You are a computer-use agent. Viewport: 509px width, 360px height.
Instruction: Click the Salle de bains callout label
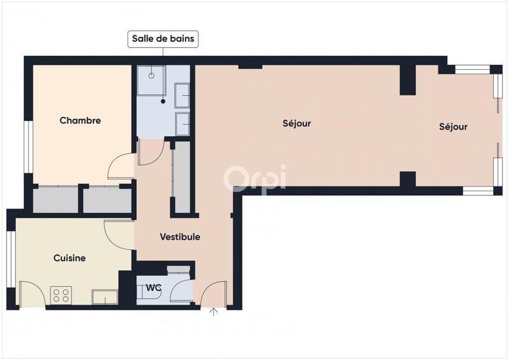(x=164, y=39)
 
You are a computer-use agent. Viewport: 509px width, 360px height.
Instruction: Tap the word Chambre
(x=80, y=120)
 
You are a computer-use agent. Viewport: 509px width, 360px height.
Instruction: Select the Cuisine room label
(x=69, y=258)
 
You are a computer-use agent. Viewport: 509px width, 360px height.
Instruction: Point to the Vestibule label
(x=180, y=237)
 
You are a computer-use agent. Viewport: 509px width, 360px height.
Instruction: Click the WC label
(x=153, y=287)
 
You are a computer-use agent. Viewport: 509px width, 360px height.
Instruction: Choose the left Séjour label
(x=296, y=123)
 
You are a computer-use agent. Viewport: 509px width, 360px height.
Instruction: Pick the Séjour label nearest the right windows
(x=453, y=127)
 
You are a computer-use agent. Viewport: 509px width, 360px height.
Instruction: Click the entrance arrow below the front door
(x=214, y=312)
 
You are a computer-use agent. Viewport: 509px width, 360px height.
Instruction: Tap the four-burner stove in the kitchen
(x=62, y=296)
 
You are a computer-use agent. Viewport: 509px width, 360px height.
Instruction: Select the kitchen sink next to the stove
(x=104, y=297)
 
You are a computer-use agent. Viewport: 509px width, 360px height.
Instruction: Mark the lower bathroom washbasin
(x=182, y=123)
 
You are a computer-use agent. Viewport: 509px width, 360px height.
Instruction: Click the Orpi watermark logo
(x=254, y=178)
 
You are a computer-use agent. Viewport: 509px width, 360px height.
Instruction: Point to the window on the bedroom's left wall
(x=28, y=146)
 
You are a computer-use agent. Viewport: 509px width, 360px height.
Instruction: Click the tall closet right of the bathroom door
(x=182, y=177)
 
